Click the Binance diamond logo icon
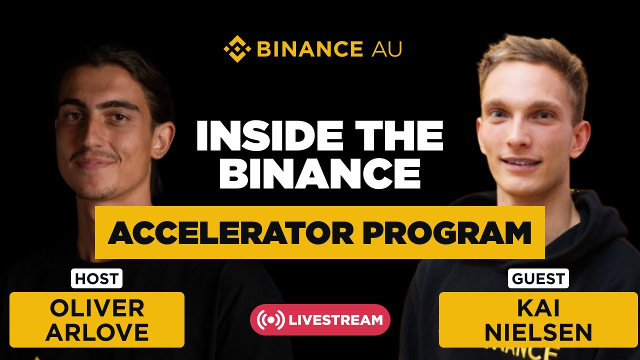click(237, 49)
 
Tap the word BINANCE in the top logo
click(309, 49)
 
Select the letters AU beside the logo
click(386, 49)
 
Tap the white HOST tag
click(96, 278)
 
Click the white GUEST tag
click(538, 278)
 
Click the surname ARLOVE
click(96, 332)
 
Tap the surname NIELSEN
click(538, 332)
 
